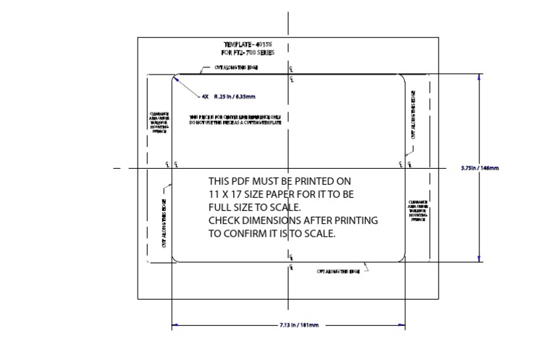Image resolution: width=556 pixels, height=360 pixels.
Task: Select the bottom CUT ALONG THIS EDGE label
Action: pos(338,272)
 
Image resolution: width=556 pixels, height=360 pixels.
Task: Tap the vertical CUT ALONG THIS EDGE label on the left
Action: pos(165,224)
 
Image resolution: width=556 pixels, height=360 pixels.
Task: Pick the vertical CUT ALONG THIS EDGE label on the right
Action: pos(413,114)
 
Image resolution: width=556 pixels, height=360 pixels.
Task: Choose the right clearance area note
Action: pos(418,210)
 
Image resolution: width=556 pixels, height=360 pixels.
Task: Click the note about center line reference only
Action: pos(235,119)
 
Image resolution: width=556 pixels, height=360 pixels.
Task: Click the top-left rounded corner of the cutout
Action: pos(176,79)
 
